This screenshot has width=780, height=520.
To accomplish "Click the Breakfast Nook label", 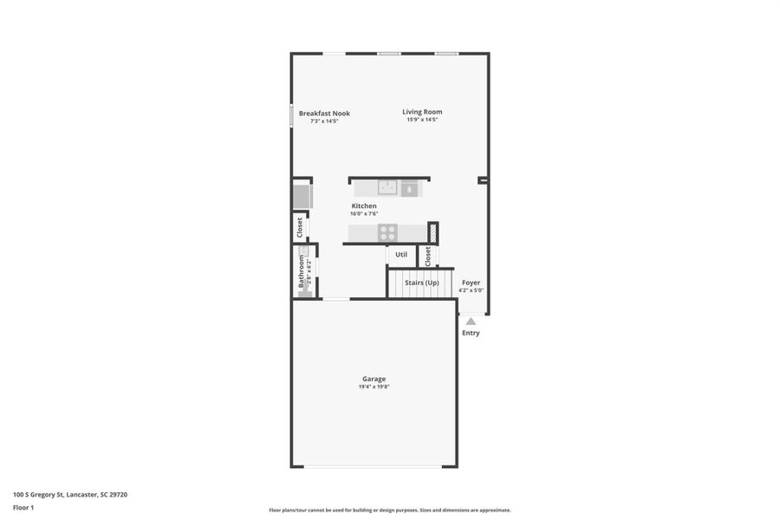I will (x=324, y=114).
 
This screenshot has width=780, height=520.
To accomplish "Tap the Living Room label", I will (x=422, y=112).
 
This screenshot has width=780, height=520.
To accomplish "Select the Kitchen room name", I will (x=364, y=206).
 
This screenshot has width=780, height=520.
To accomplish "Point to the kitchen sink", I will (x=387, y=187).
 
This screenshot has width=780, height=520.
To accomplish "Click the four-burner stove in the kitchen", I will (x=387, y=232).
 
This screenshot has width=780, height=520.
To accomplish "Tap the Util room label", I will (x=401, y=255).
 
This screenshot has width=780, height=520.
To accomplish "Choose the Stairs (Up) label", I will (x=422, y=283).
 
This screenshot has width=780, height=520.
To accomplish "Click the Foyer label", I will (x=471, y=283).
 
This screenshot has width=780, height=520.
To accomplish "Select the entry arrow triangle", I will (x=471, y=322).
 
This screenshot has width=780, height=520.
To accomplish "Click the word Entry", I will (x=471, y=333).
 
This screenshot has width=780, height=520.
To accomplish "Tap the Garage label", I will (x=374, y=379).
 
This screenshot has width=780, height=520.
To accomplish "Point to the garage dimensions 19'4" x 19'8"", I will (x=374, y=387).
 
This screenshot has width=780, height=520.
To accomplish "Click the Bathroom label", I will (x=302, y=271).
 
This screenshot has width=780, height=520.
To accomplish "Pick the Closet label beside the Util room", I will (x=427, y=256).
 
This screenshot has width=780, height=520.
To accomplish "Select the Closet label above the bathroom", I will (x=300, y=227).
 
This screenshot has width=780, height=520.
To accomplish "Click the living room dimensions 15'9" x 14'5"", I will (x=422, y=120).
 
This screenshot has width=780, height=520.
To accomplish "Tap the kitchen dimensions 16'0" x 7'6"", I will (x=364, y=214).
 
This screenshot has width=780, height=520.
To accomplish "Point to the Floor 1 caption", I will (x=23, y=507).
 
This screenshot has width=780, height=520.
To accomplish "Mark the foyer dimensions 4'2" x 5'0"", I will (x=471, y=290).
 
